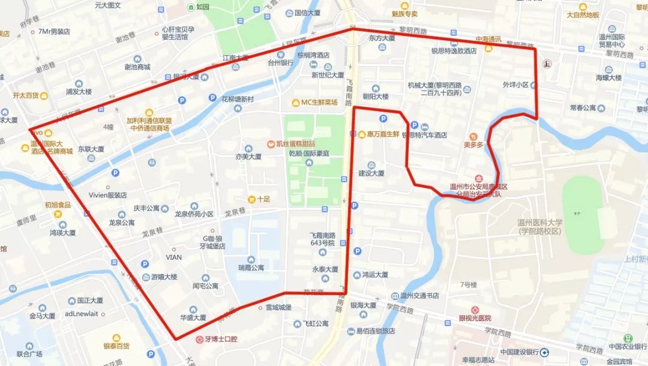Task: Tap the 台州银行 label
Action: tap(280, 62)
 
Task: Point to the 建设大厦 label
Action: tap(371, 173)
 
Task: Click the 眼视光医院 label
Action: tap(475, 318)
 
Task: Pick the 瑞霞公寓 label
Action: tap(250, 268)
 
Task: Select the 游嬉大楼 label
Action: tap(164, 277)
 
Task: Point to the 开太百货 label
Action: tap(25, 95)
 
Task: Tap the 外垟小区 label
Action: tap(515, 85)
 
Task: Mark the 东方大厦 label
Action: tap(382, 38)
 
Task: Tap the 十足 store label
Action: tap(263, 199)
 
